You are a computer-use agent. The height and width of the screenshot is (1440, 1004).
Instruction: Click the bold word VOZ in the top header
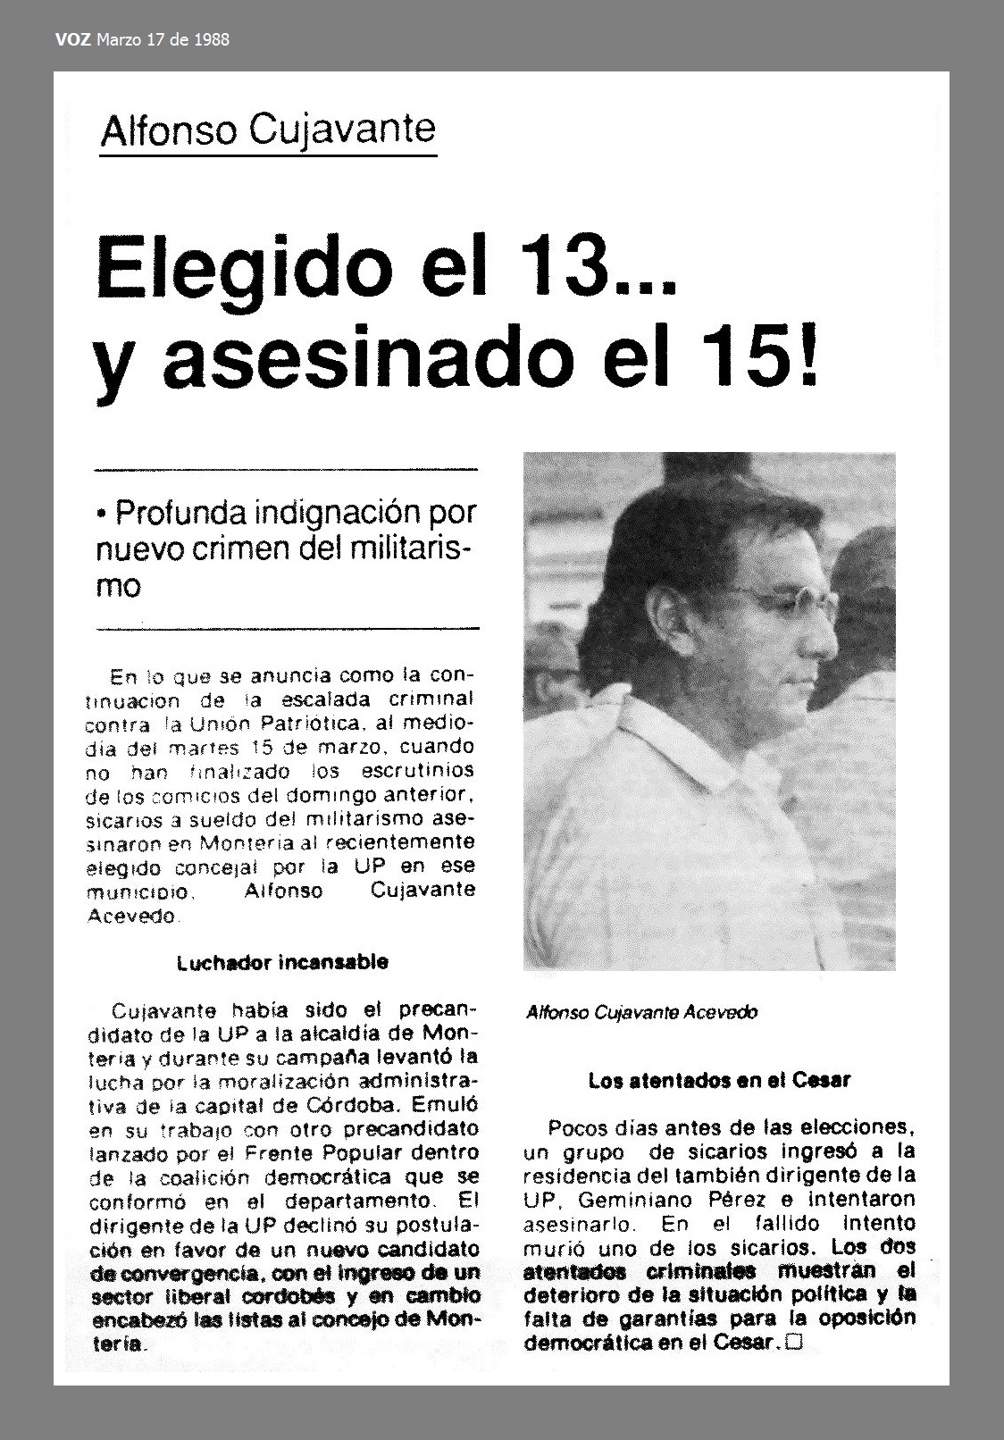(x=71, y=40)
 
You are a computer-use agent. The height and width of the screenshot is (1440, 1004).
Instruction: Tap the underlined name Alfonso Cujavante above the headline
(x=268, y=131)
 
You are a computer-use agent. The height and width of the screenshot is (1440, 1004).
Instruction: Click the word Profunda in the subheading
(x=180, y=514)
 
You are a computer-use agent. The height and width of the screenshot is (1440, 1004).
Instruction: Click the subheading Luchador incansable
(x=282, y=963)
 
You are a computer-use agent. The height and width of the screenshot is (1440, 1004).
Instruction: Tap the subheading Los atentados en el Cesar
(x=719, y=1081)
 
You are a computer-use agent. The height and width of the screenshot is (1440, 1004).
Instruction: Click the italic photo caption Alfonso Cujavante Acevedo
(x=641, y=1012)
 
